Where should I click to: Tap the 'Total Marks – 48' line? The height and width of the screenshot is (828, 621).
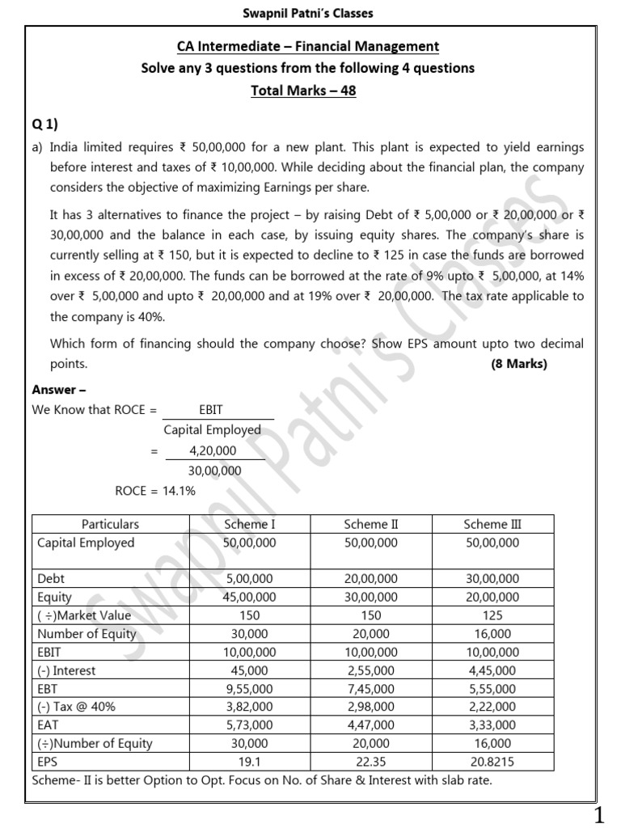point(303,91)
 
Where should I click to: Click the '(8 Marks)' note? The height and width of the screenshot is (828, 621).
point(519,364)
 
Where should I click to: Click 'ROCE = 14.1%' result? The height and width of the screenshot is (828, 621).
point(155,491)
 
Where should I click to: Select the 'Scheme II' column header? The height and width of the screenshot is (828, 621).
point(371,524)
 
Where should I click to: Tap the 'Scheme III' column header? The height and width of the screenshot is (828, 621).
point(492,524)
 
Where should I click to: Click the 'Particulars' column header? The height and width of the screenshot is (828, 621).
point(110,524)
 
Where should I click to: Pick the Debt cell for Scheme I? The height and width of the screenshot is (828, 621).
point(250,579)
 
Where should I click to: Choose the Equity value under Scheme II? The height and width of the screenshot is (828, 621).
point(371,597)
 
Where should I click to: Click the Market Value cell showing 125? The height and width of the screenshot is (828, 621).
point(492,615)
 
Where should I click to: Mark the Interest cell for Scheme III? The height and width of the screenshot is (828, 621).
point(492,670)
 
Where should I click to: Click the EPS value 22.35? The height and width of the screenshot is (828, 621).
point(371,762)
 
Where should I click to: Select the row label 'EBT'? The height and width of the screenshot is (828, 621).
point(50,688)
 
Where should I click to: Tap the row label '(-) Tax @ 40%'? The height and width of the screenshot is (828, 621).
point(77,707)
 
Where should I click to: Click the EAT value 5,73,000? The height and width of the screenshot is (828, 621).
point(250,725)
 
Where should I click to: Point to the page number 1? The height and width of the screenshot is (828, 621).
point(599,816)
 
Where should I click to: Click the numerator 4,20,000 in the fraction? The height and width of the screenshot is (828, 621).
point(213,450)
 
